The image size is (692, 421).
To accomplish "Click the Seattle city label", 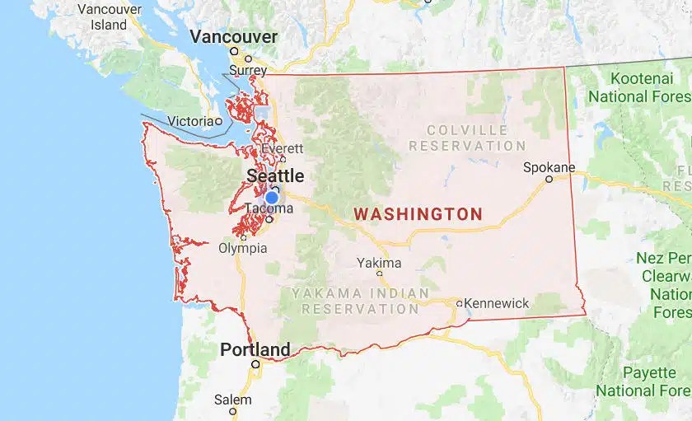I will point(275,175).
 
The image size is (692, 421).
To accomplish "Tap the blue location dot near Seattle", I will point(271,197).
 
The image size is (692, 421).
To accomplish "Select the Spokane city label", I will point(549,167).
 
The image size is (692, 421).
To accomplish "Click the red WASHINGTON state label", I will point(418,214).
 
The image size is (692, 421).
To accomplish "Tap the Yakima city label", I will point(380,263).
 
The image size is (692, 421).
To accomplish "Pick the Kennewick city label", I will point(497,303).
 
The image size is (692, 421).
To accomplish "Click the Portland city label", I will point(255,349).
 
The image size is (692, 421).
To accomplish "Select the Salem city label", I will point(232,400).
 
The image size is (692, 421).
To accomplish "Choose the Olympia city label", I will point(243,247).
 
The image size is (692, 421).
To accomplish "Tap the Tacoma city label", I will point(269,208).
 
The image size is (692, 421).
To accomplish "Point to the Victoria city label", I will point(190,121).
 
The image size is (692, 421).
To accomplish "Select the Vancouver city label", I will point(234,37).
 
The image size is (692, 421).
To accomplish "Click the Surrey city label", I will point(248,71).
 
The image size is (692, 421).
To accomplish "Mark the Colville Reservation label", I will point(467,138).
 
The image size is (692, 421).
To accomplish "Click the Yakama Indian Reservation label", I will point(360,301).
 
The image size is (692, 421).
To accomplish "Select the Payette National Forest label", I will point(646,381).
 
